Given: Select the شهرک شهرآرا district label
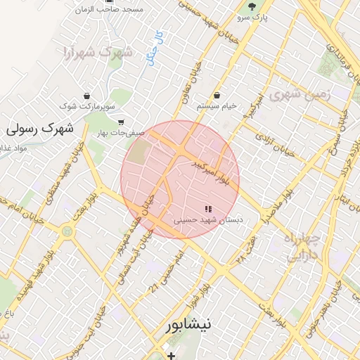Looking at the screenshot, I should coord(96,51).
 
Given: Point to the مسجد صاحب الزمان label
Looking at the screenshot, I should coord(112,9).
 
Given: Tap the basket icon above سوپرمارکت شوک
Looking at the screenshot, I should coord(86,96).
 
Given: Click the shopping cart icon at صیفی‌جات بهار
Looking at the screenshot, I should coord(121,121).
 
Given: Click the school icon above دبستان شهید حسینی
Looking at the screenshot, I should coord(207,209).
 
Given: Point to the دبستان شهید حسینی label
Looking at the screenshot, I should coord(208,220).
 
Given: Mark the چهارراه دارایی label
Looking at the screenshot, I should coord(303,247).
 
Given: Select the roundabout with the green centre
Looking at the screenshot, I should coord(67,231).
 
